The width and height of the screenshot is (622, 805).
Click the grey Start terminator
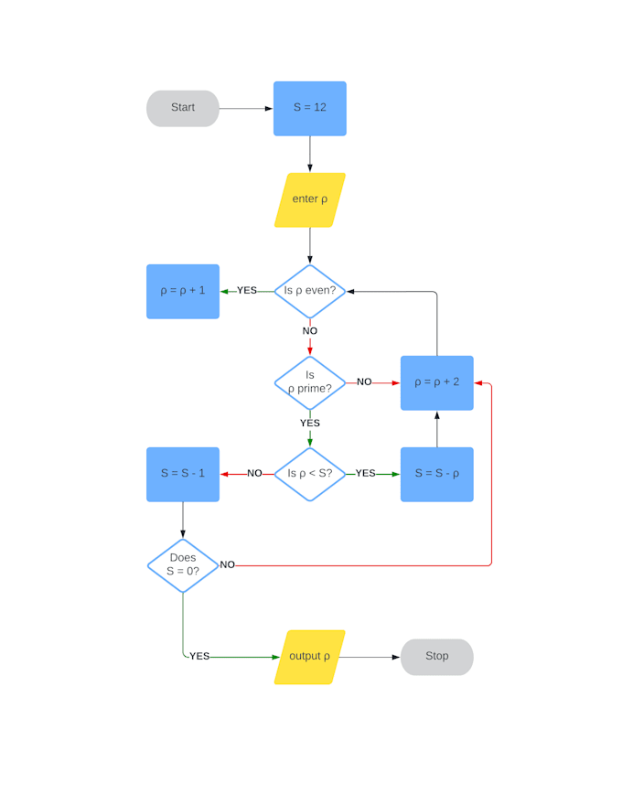pyautogui.click(x=183, y=108)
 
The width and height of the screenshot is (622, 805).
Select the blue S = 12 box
pyautogui.click(x=309, y=108)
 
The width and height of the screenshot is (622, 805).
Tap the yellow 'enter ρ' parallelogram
pyautogui.click(x=309, y=199)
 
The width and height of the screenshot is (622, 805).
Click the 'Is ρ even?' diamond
pyautogui.click(x=309, y=291)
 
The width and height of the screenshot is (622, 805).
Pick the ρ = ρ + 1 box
pyautogui.click(x=183, y=291)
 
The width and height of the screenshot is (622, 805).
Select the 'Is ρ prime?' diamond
pyautogui.click(x=309, y=382)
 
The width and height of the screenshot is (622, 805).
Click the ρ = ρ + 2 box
pyautogui.click(x=436, y=382)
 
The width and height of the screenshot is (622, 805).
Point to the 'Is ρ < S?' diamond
pyautogui.click(x=309, y=474)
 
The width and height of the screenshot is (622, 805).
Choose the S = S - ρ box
pyautogui.click(x=436, y=474)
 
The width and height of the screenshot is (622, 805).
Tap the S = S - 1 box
pyautogui.click(x=183, y=474)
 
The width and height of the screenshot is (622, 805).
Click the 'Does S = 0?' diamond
pyautogui.click(x=183, y=565)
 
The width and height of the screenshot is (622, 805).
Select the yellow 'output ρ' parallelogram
pyautogui.click(x=309, y=657)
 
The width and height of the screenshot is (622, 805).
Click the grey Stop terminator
pyautogui.click(x=436, y=657)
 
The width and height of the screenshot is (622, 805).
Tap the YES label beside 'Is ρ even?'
pyautogui.click(x=247, y=291)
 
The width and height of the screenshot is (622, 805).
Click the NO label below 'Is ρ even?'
pyautogui.click(x=310, y=331)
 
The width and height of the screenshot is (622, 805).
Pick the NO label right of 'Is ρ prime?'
pyautogui.click(x=364, y=382)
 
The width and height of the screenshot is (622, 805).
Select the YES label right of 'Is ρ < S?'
pyautogui.click(x=365, y=474)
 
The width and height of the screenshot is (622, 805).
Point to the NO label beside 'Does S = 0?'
pyautogui.click(x=227, y=565)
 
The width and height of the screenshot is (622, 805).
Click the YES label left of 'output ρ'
pyautogui.click(x=199, y=657)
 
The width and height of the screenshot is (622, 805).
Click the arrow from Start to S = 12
pyautogui.click(x=245, y=108)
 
